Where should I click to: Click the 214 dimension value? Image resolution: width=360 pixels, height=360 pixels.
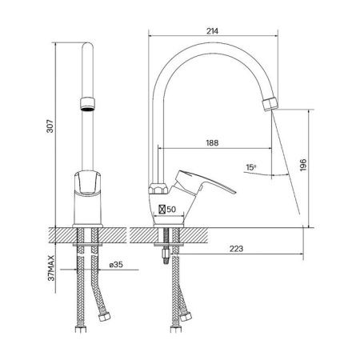[x=212, y=31]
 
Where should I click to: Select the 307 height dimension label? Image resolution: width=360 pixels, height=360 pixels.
[x=50, y=126]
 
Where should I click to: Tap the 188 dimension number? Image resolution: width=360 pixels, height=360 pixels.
[x=212, y=143]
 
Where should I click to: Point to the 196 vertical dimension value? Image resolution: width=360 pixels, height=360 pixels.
[x=303, y=165]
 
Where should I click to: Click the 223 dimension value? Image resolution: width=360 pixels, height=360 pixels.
[x=236, y=249]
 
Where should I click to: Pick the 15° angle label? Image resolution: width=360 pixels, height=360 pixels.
[x=251, y=167]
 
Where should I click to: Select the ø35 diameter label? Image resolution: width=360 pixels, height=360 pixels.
[x=116, y=265]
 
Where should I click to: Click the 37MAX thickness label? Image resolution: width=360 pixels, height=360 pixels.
[x=50, y=268]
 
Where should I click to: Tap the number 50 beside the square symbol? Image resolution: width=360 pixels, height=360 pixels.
[x=171, y=210]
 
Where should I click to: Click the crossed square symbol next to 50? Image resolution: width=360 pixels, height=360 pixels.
[x=162, y=210]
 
